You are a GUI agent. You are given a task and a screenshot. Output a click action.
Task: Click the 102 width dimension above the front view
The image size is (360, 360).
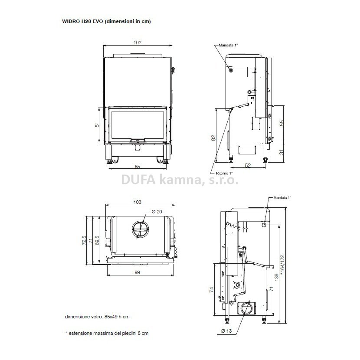click(137, 43)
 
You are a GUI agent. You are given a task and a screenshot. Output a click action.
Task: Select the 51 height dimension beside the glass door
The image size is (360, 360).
click(98, 124)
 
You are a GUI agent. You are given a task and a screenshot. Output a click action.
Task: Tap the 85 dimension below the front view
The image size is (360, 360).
click(137, 166)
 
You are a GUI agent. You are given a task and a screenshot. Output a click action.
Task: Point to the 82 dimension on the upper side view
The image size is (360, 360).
click(213, 137)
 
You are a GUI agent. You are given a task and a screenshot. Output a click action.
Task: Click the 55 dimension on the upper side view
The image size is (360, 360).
click(281, 123)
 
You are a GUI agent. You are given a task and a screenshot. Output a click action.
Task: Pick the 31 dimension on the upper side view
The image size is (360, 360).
click(281, 152)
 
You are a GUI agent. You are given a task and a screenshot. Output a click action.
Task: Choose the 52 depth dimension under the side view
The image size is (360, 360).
click(248, 165)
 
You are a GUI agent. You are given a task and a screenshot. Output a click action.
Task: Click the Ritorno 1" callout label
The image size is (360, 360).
click(224, 173)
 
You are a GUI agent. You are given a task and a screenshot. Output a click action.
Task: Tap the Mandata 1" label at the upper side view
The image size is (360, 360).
click(228, 45)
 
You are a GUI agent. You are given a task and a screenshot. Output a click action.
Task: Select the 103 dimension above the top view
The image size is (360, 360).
click(137, 202)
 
